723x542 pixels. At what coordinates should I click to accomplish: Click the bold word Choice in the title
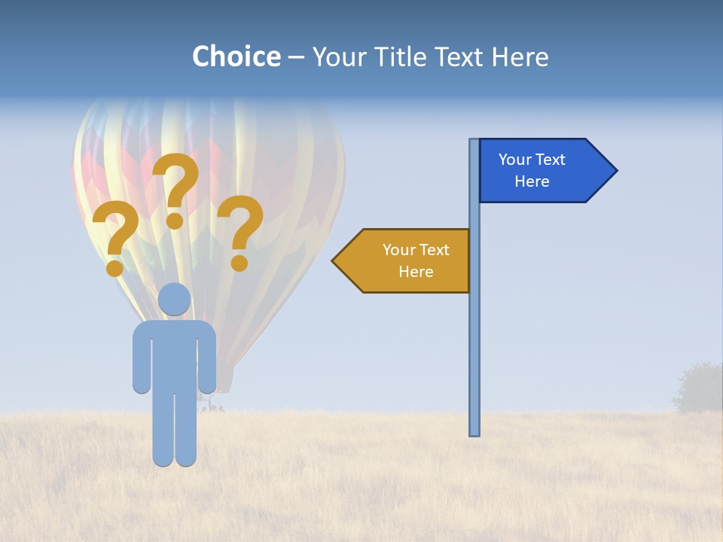click(x=236, y=56)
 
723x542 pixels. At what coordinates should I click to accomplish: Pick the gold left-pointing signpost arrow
click(x=403, y=260)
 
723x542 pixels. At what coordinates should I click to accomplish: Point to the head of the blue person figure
click(x=175, y=299)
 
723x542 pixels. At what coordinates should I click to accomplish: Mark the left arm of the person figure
click(x=141, y=361)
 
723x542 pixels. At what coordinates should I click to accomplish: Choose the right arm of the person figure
click(x=208, y=361)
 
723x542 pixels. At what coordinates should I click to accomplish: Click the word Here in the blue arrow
click(x=532, y=181)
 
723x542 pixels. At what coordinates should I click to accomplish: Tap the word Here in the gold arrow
click(x=416, y=272)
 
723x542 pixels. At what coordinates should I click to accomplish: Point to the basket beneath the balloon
click(x=212, y=406)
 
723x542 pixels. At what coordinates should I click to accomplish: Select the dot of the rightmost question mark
click(x=239, y=263)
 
